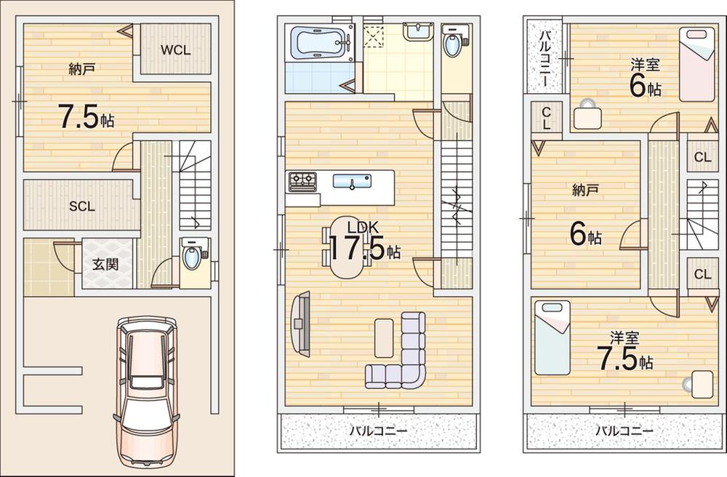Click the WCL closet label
(x=176, y=49)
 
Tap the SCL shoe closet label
(x=82, y=207)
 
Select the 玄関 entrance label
(x=105, y=264)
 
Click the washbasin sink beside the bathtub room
(x=418, y=33)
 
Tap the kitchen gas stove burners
(x=302, y=182)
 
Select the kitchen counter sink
(x=352, y=181)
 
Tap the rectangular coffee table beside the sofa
(x=384, y=338)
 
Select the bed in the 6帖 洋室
(x=697, y=65)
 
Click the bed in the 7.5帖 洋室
(x=553, y=337)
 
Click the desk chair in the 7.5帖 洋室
(x=689, y=383)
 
